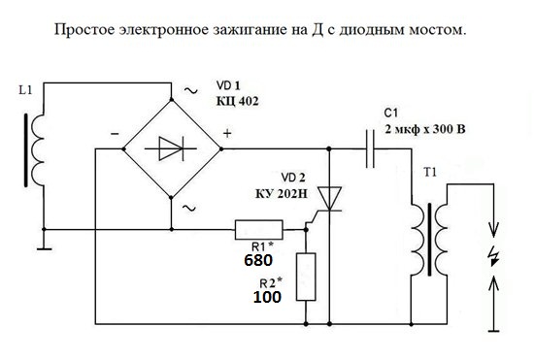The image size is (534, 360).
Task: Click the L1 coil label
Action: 25,90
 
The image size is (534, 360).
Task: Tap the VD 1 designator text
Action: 228,85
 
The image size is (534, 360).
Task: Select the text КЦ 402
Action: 237,101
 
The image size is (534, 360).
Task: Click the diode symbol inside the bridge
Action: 171,148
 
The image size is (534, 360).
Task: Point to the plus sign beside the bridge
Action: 227,133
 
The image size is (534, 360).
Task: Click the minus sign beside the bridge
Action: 115,134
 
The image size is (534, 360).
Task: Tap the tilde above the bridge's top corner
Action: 190,90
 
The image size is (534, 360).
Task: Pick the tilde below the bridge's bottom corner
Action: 189,208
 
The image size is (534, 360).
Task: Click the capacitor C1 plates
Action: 370,148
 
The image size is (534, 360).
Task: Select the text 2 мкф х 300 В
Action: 424,129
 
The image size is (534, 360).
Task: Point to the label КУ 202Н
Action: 282,194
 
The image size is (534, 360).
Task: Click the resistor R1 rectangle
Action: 259,230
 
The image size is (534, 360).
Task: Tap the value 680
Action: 258,260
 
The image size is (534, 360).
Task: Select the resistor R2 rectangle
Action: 306,277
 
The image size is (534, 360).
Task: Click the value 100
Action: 267,297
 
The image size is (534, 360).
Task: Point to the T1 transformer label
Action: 430,172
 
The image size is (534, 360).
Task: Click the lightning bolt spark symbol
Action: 493,257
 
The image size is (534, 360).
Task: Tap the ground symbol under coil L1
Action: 45,249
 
